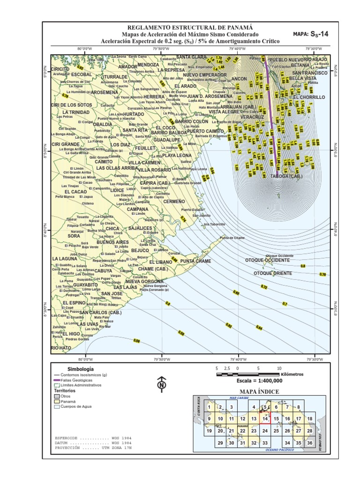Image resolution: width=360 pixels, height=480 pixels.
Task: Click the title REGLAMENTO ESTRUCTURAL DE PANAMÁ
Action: pos(190,28)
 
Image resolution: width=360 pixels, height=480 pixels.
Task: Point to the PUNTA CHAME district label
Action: pos(195,261)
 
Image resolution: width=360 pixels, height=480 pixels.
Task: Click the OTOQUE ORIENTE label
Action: pos(273,273)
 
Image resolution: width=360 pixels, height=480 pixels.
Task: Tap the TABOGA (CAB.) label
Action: pos(286,177)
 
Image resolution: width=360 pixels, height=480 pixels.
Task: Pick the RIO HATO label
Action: pos(61,348)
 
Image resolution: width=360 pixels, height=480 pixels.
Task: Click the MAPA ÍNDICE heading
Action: pos(259,391)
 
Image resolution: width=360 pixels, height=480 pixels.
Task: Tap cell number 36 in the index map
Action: pos(309,442)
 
